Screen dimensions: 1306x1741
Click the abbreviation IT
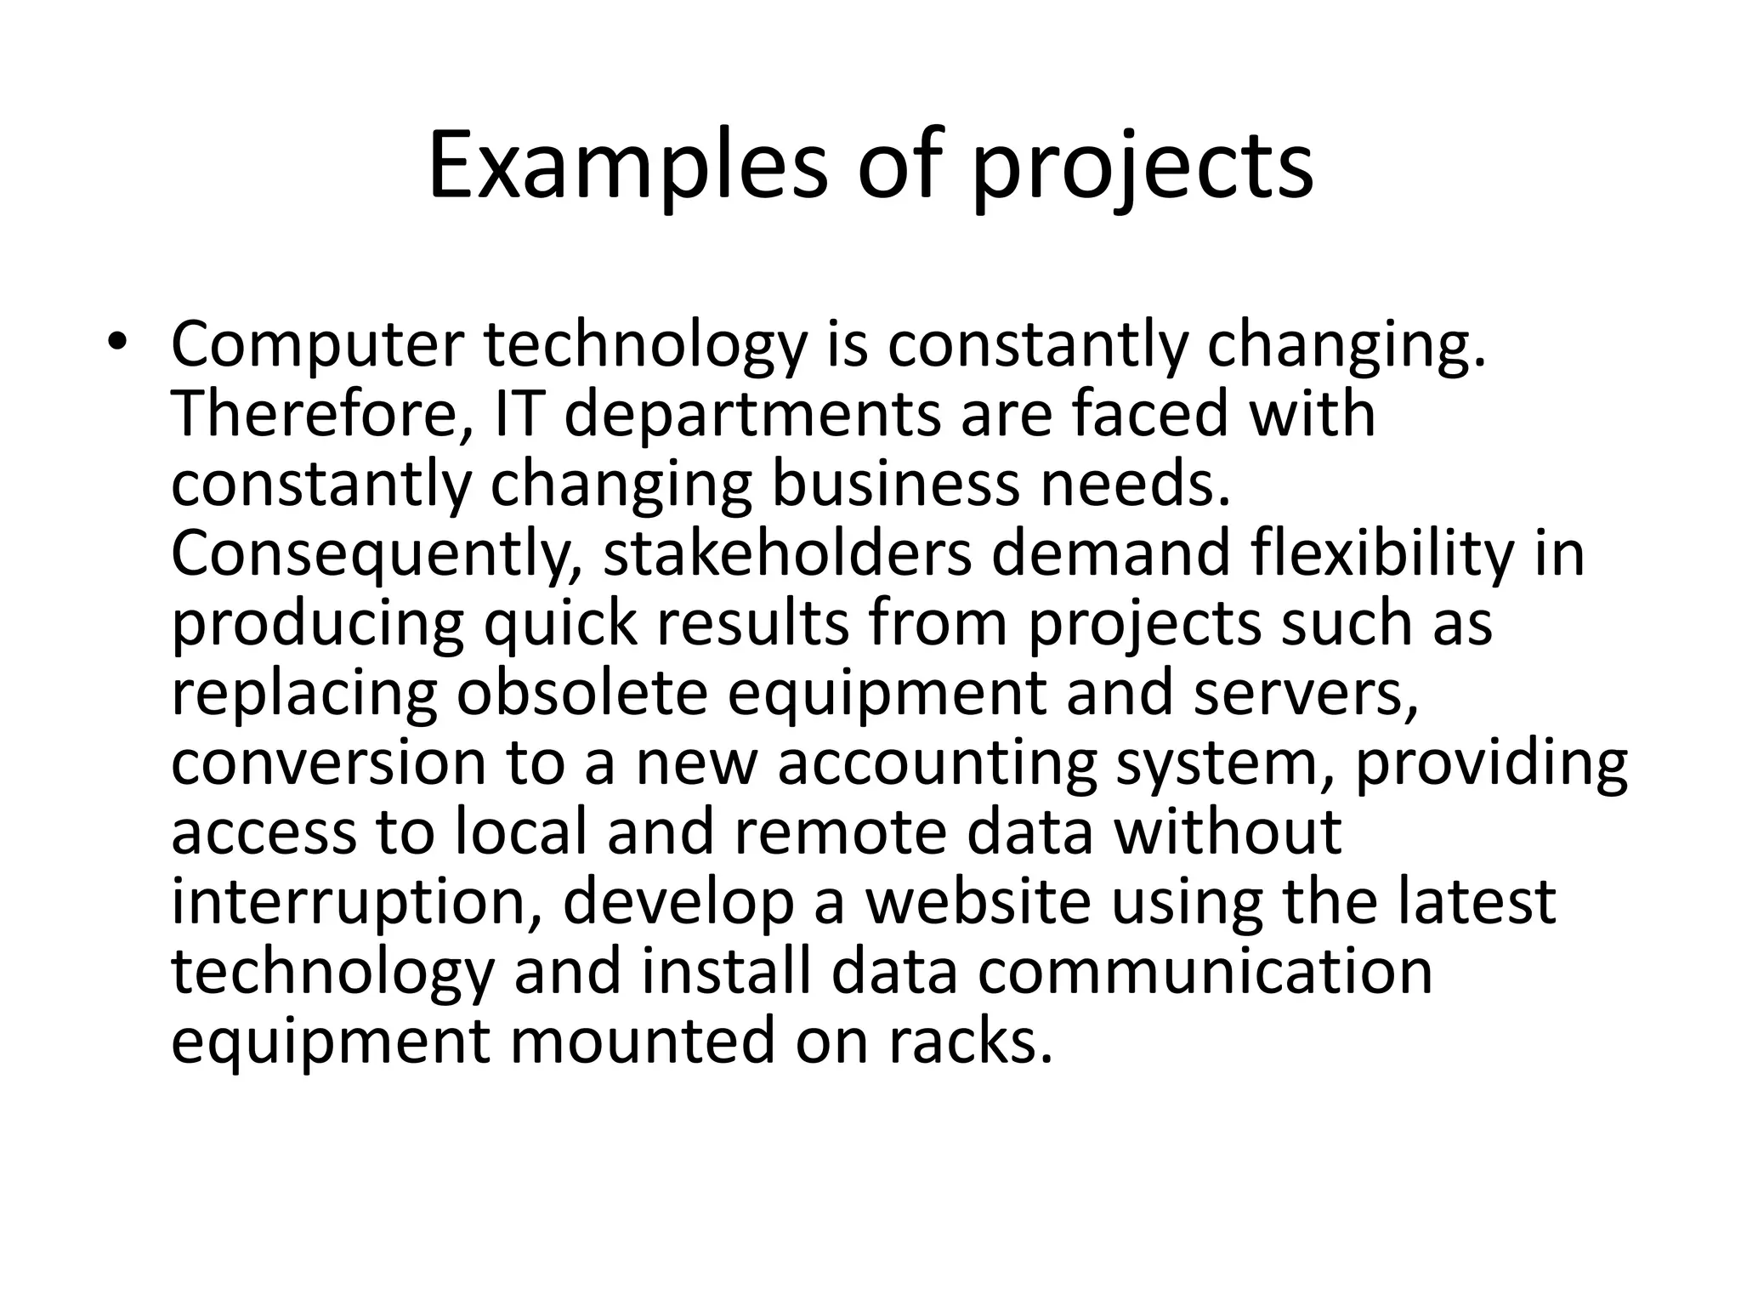[518, 415]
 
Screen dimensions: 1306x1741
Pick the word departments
[752, 417]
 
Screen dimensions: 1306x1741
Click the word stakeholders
[787, 554]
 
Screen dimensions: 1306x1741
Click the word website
[978, 902]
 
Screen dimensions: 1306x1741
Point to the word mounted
[642, 1042]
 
